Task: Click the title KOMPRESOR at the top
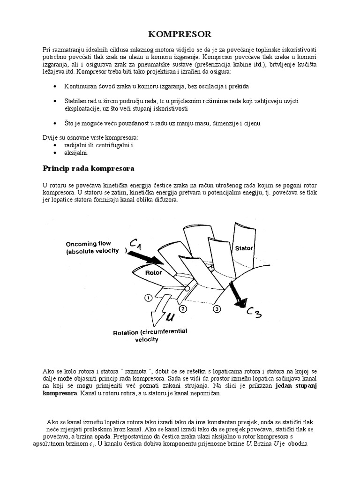[180, 34]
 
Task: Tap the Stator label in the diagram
[244, 248]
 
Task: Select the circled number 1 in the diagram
[148, 297]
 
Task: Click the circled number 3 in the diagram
[217, 309]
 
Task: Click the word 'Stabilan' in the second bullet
[76, 101]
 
